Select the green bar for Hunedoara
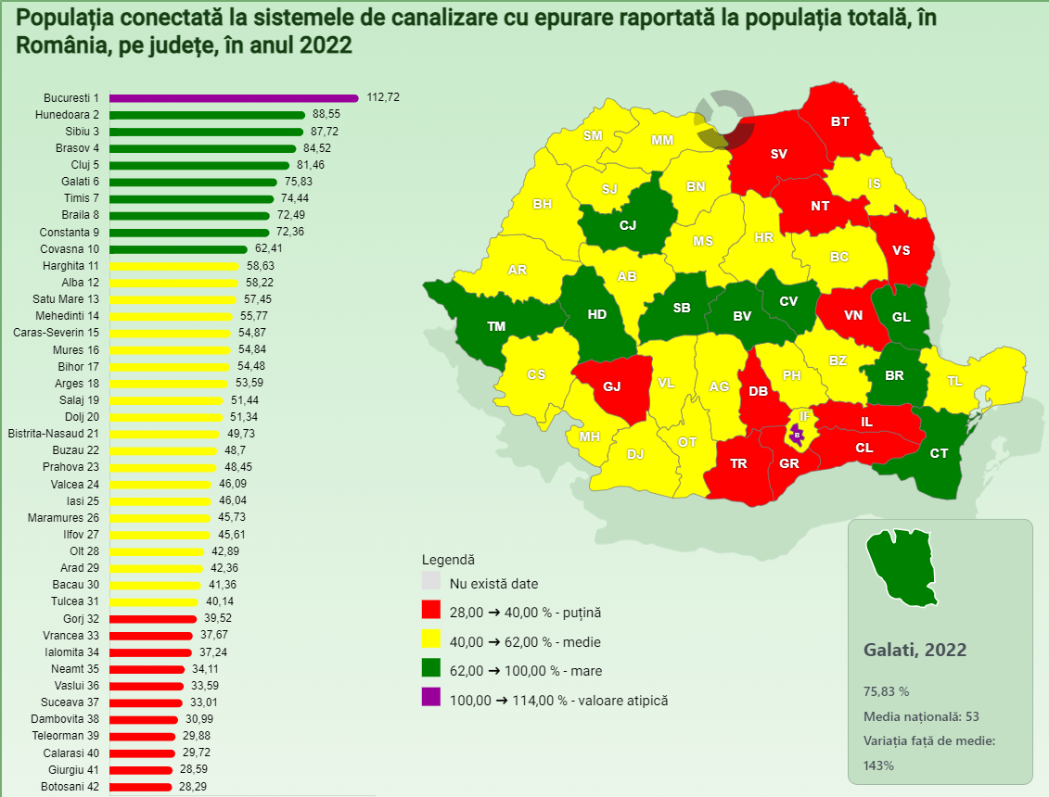coord(207,115)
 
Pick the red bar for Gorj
coord(153,619)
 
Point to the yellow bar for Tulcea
coord(154,602)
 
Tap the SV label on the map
coord(778,154)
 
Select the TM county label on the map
coord(496,326)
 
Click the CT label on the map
coord(939,453)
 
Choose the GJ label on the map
coord(612,386)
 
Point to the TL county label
coord(954,381)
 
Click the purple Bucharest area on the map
coord(796,433)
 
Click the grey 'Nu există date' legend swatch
coord(431,583)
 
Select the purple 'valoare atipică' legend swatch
coord(431,699)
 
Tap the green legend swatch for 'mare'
coord(431,670)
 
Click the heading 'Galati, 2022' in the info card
coord(915,650)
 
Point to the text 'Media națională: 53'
coord(921,716)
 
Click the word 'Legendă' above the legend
coord(448,560)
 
